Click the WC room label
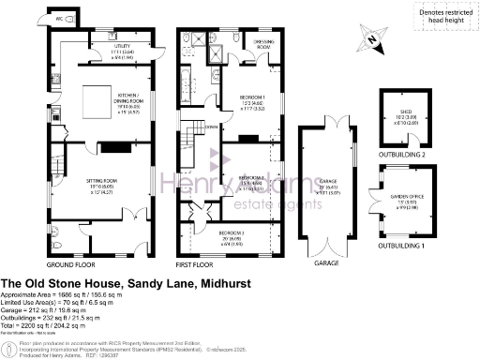coord(59,18)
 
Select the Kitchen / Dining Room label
coord(130,97)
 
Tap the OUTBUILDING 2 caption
coord(405,155)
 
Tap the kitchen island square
coord(98,98)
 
